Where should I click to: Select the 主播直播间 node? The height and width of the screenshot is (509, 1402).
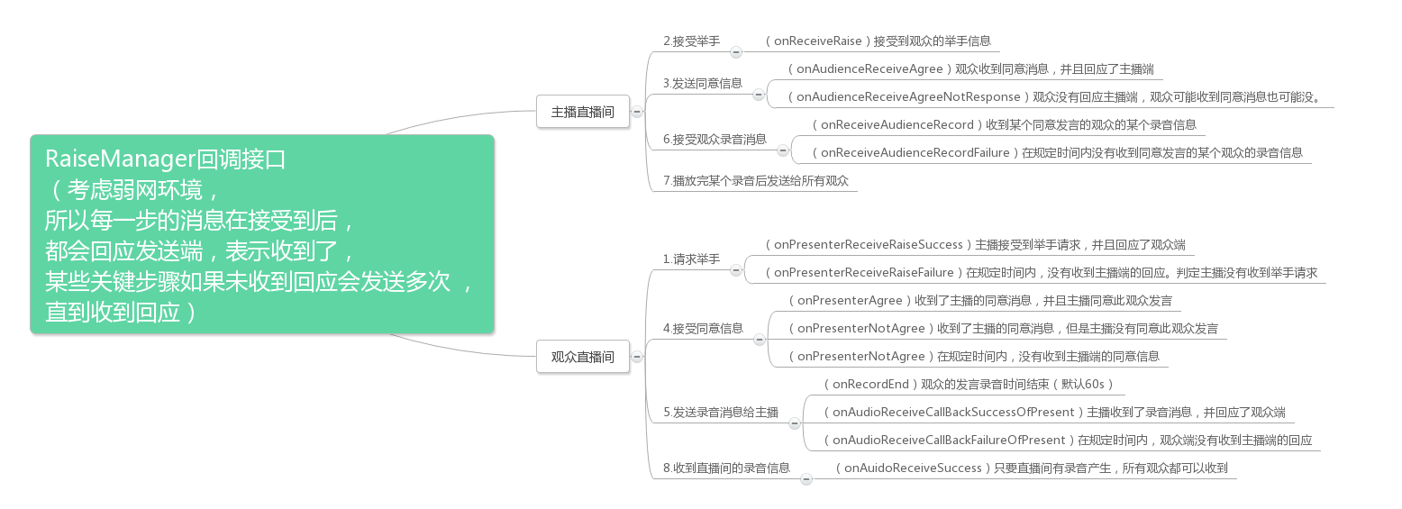pyautogui.click(x=582, y=113)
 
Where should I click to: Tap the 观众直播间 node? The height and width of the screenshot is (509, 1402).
pyautogui.click(x=582, y=357)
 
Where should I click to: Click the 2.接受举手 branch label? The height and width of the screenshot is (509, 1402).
pyautogui.click(x=691, y=41)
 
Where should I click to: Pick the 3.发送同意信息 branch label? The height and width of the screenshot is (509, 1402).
pyautogui.click(x=703, y=83)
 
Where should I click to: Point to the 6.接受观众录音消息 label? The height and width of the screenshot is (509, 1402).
pyautogui.click(x=715, y=139)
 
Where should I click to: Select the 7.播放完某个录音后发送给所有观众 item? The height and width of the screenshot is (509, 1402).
pyautogui.click(x=756, y=180)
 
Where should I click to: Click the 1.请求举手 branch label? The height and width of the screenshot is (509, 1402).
pyautogui.click(x=691, y=259)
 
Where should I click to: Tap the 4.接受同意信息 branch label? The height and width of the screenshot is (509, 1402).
pyautogui.click(x=703, y=328)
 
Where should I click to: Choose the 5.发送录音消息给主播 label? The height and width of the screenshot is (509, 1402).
pyautogui.click(x=721, y=412)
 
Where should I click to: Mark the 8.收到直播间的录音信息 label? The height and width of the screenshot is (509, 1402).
pyautogui.click(x=726, y=468)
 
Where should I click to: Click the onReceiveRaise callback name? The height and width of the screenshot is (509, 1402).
pyautogui.click(x=819, y=41)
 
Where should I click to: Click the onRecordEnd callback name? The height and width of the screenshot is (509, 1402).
pyautogui.click(x=869, y=384)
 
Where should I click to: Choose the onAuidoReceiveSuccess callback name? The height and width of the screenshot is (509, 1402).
pyautogui.click(x=913, y=468)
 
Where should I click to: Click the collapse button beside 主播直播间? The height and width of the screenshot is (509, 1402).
pyautogui.click(x=637, y=113)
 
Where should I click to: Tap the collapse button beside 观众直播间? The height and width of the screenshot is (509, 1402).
pyautogui.click(x=637, y=357)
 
